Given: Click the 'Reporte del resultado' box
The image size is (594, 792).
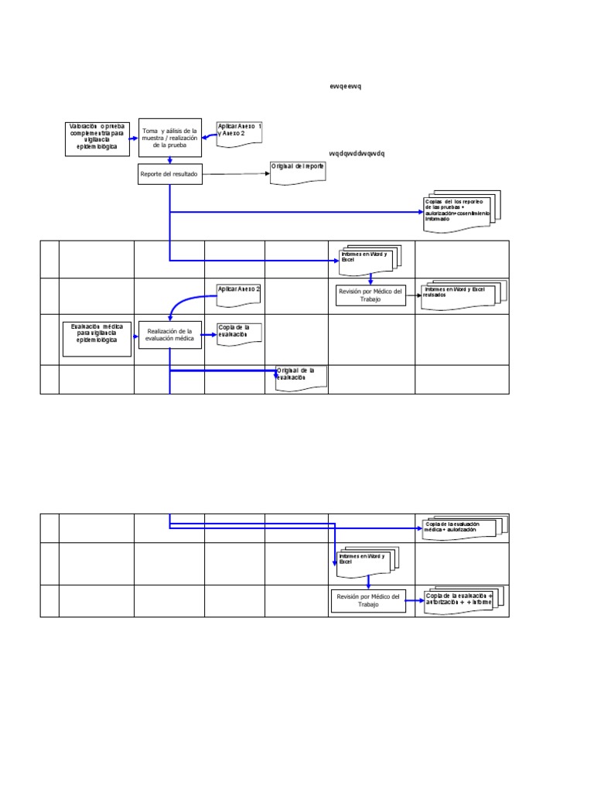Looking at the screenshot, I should (x=169, y=174).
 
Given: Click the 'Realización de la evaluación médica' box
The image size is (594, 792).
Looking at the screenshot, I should (x=169, y=335).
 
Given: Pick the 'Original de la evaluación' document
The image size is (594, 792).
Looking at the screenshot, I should (x=301, y=377).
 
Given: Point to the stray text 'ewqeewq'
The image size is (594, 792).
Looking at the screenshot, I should (x=345, y=86).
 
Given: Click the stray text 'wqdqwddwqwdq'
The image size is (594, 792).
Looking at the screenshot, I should (x=357, y=153).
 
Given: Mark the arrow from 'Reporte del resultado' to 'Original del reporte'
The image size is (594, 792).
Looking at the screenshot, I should (x=235, y=174).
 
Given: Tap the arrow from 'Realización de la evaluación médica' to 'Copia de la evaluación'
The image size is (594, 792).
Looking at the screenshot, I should (x=209, y=335).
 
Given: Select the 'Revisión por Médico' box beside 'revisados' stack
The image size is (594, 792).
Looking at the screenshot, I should (x=370, y=295).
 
